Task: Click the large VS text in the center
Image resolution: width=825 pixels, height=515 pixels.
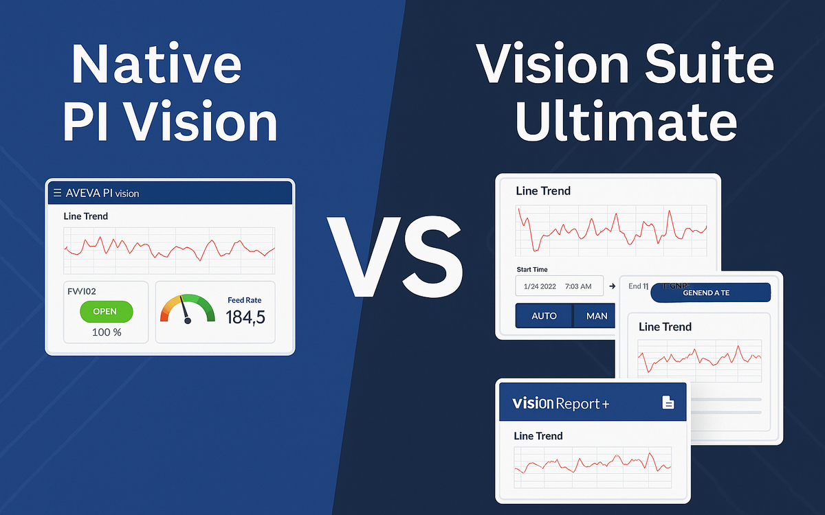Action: click(395, 255)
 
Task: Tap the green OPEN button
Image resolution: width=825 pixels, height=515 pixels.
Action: click(106, 311)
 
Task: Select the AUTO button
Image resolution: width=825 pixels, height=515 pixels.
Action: click(543, 316)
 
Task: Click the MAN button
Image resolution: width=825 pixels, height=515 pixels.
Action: click(596, 316)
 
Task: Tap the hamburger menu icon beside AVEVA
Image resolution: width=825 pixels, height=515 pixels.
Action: click(57, 193)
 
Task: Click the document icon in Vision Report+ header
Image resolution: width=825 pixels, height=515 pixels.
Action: click(668, 402)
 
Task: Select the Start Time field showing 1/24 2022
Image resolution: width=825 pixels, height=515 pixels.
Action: click(559, 285)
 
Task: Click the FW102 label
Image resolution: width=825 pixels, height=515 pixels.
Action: click(82, 291)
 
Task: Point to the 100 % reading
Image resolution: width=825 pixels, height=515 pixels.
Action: click(107, 332)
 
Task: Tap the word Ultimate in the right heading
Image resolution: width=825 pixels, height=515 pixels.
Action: click(626, 122)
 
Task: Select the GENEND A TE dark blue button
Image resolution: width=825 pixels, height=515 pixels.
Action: click(710, 293)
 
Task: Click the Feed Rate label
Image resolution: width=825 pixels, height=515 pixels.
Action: click(244, 300)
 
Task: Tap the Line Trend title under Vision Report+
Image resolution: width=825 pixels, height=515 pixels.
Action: click(538, 435)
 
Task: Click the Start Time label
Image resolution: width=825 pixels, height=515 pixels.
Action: click(531, 269)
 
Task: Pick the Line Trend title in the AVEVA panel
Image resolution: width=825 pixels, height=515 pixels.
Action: click(86, 216)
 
